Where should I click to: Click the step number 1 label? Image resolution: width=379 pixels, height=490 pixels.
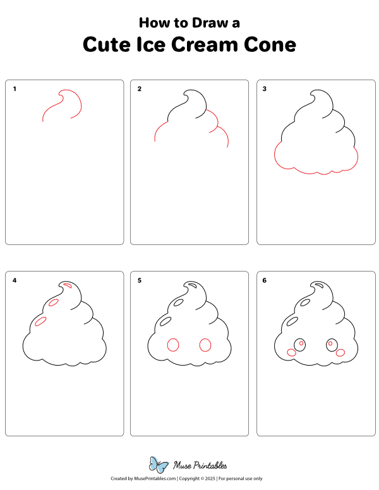pos(15,89)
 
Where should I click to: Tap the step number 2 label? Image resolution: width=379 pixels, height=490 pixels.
pos(140,89)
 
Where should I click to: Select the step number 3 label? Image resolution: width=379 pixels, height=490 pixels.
pos(265,89)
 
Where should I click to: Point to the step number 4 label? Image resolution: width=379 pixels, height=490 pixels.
pos(15,280)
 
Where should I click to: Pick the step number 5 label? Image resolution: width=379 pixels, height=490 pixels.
pos(140,280)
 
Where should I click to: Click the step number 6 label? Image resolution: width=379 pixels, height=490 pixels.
pos(265,280)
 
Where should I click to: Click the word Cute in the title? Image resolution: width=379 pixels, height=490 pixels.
pos(109,45)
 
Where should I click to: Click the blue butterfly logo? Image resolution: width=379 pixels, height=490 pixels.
pos(159,464)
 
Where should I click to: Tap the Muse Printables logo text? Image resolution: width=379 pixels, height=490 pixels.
pos(200,466)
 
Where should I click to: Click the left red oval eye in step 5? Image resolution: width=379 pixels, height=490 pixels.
pos(172,344)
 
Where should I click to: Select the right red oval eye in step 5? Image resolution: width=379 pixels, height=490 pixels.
pos(205,344)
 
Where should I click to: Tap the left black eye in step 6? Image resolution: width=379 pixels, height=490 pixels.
pos(300,345)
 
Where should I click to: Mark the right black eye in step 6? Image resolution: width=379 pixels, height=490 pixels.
pos(331,345)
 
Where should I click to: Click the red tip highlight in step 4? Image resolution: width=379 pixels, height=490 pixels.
pos(68,287)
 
